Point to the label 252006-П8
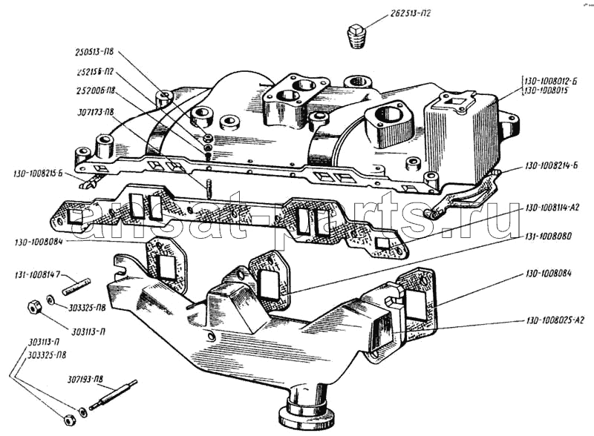[94, 93]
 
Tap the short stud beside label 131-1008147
[76, 282]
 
